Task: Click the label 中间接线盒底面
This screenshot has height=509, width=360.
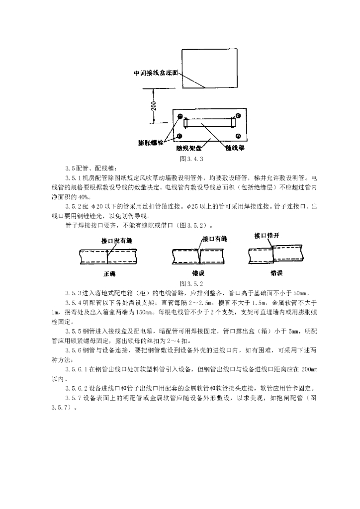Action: pos(156,74)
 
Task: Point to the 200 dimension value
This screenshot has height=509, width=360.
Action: pos(154,106)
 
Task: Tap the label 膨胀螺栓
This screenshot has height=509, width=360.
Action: pos(151,143)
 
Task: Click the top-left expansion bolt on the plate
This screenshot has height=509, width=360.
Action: pos(180,116)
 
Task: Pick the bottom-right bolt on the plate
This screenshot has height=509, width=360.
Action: pos(239,136)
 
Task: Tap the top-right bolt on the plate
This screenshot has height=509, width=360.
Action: pos(239,116)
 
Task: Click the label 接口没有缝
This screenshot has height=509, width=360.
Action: pos(117,241)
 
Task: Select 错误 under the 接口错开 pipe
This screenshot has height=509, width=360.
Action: pos(277,273)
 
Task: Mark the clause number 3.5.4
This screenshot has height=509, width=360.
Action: pos(74,302)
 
